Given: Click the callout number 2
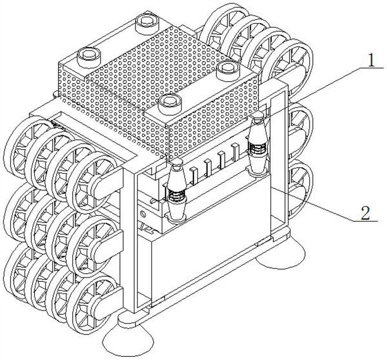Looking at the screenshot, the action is (x=365, y=213).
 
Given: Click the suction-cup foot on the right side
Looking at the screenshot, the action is (x=281, y=254).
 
